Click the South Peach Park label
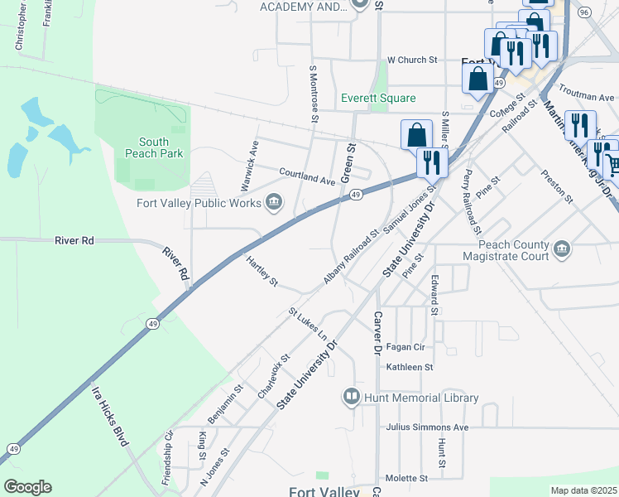pos(146,147)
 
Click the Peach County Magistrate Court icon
pos(563,250)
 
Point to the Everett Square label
pos(378,99)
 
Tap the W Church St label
pos(411,60)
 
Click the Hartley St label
pos(262,271)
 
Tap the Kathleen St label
pos(410,367)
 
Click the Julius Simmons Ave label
pos(427,427)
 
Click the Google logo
pos(27,487)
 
